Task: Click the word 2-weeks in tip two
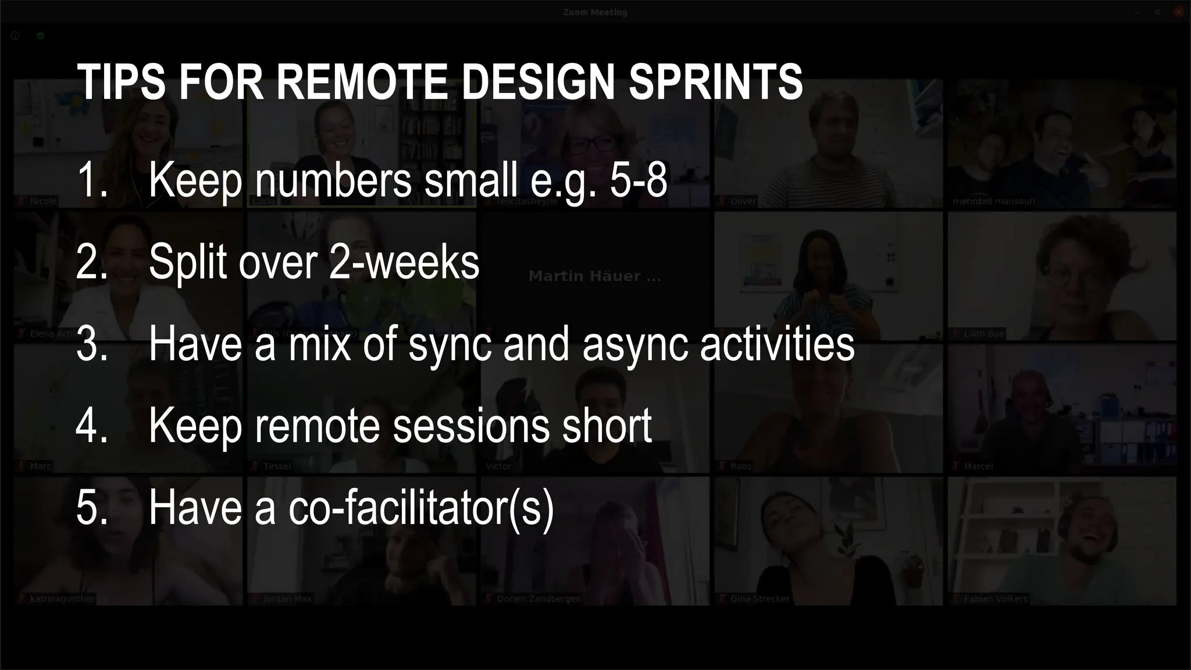pos(404,262)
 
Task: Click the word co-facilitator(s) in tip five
pos(421,508)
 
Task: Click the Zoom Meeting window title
pos(595,12)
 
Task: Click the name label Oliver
pos(743,201)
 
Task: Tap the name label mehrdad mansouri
pos(993,201)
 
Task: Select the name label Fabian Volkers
pos(995,598)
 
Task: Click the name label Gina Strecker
pos(759,598)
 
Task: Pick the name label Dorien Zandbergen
pos(539,598)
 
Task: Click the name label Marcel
pos(978,466)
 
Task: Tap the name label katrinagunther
pos(62,598)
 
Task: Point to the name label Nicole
pos(43,201)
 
